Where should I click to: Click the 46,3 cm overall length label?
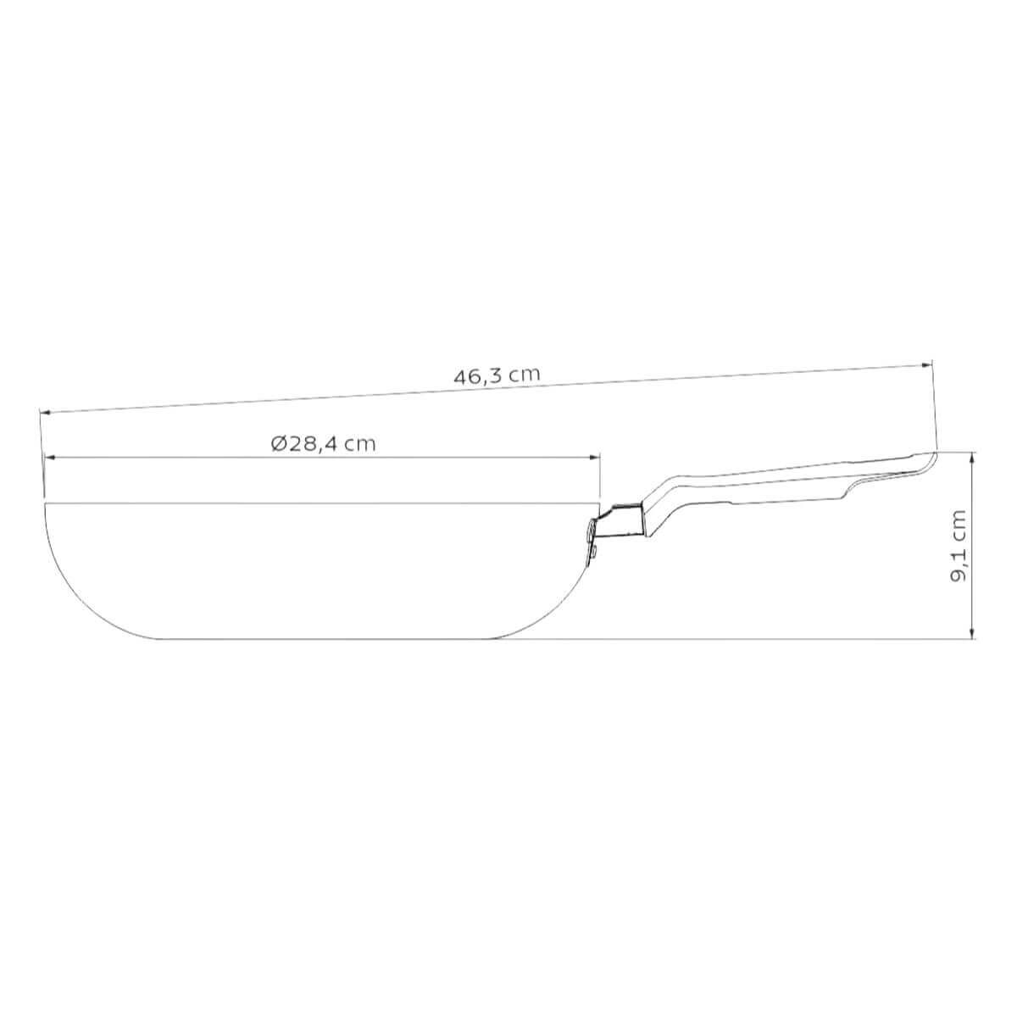click(x=497, y=375)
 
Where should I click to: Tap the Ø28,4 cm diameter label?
click(x=324, y=444)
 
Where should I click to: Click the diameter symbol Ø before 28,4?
click(x=279, y=444)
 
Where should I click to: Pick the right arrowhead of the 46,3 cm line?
click(x=926, y=364)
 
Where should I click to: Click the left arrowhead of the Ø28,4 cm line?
click(x=51, y=458)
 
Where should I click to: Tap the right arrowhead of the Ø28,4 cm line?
click(x=595, y=458)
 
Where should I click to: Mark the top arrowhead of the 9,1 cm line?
click(x=973, y=458)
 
